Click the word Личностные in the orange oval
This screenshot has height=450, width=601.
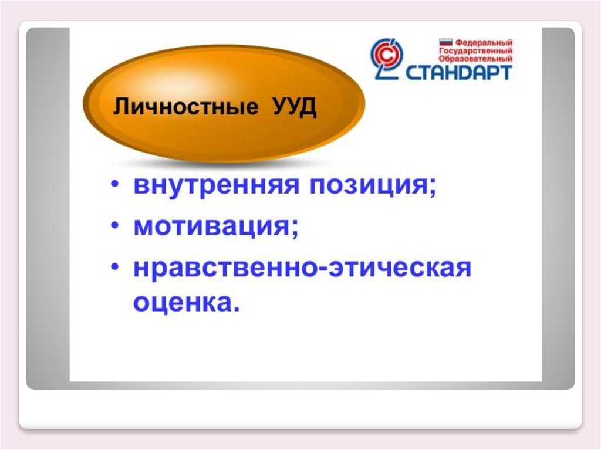185,106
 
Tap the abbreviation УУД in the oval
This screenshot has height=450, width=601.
295,107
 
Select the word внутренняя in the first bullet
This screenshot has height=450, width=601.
216,185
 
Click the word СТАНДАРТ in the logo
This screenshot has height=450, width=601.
458,72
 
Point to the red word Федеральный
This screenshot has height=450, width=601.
484,42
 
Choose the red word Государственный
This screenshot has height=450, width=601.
475,50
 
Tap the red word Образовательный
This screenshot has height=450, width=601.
475,59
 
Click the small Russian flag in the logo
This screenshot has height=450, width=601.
446,42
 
